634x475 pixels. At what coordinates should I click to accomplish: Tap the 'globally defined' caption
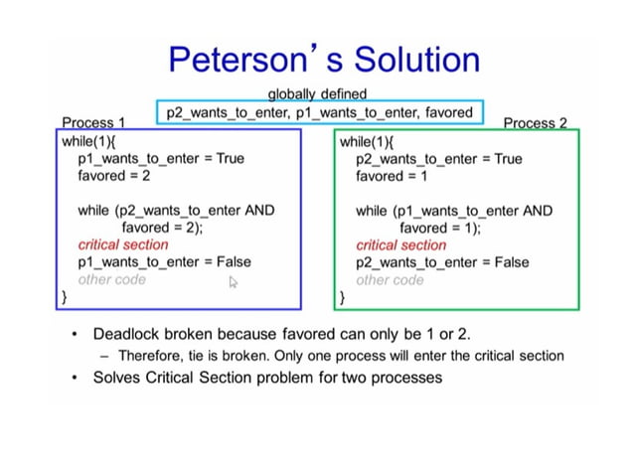[x=317, y=93]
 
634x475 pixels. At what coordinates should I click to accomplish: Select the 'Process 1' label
[x=93, y=122]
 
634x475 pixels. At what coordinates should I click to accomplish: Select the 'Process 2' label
[x=535, y=122]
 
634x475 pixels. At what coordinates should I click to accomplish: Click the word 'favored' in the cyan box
[x=448, y=112]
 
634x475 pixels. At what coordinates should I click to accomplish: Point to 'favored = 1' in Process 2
[x=394, y=175]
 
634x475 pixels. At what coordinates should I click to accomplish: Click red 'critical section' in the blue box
[x=123, y=244]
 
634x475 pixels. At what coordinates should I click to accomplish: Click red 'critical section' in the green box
[x=401, y=244]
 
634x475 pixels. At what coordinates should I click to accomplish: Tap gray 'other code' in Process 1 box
[x=111, y=279]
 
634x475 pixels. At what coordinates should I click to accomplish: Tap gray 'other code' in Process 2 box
[x=390, y=279]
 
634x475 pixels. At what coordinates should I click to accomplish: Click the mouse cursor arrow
[x=234, y=282]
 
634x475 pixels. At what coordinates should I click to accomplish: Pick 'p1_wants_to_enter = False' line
[x=164, y=262]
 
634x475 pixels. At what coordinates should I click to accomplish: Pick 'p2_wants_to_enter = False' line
[x=442, y=262]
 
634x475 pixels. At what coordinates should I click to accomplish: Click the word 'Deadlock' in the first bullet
[x=125, y=335]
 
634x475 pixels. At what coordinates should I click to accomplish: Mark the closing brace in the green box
[x=343, y=296]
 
